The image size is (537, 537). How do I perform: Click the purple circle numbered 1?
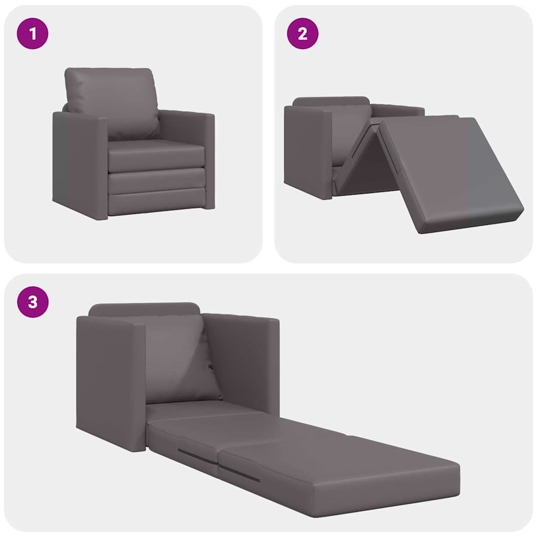(33, 34)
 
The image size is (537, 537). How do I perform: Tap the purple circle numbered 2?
(303, 34)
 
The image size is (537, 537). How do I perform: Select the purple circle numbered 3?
(33, 302)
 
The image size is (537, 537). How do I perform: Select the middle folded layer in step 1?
(156, 181)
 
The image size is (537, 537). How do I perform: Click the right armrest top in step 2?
(399, 109)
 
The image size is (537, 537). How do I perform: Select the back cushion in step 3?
(178, 357)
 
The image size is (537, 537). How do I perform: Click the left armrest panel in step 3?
(110, 383)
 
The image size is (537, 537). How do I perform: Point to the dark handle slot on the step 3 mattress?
(239, 473)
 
